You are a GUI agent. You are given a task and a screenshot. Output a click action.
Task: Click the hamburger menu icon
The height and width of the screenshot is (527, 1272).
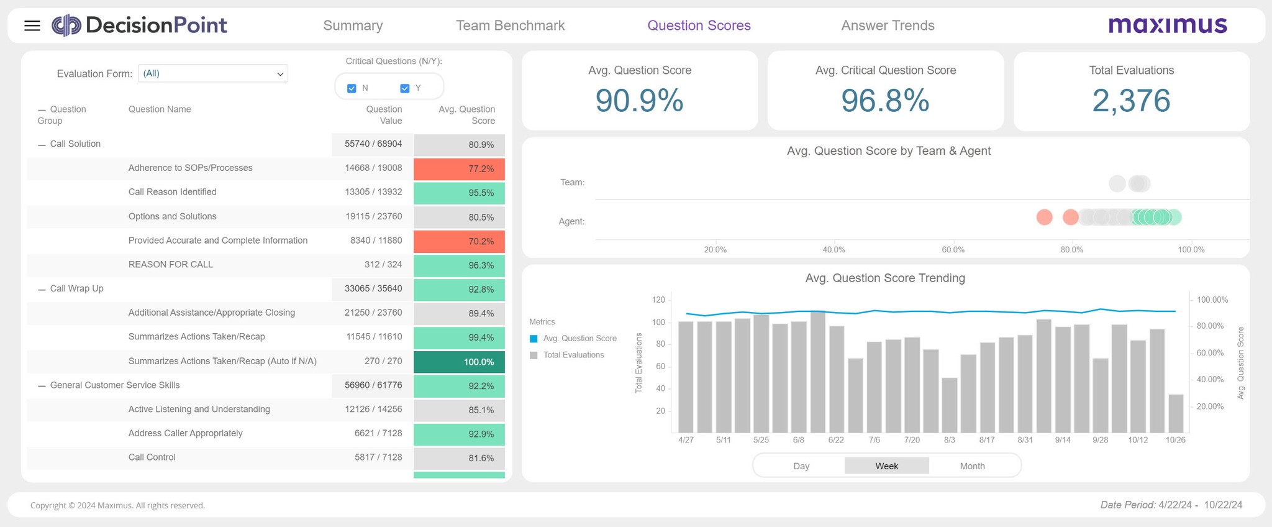pyautogui.click(x=32, y=25)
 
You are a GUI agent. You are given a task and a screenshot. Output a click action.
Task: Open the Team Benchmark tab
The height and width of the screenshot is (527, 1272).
pyautogui.click(x=510, y=25)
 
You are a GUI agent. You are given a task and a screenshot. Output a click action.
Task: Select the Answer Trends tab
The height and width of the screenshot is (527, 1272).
pyautogui.click(x=888, y=25)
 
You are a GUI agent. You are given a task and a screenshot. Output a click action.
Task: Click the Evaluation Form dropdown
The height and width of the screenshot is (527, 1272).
pyautogui.click(x=212, y=73)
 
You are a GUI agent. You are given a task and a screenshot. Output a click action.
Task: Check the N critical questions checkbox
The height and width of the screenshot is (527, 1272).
pyautogui.click(x=352, y=88)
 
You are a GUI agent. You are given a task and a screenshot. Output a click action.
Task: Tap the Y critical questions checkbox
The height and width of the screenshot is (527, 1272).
pyautogui.click(x=405, y=88)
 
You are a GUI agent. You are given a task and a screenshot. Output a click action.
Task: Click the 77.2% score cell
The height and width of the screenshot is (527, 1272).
pyautogui.click(x=459, y=169)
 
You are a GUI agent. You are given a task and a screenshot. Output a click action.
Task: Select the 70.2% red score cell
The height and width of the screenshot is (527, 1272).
pyautogui.click(x=459, y=241)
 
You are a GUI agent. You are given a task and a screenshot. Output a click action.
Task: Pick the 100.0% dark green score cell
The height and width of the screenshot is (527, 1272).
pyautogui.click(x=459, y=362)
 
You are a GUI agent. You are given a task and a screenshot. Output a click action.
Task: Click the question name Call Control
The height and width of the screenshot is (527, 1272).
pyautogui.click(x=152, y=457)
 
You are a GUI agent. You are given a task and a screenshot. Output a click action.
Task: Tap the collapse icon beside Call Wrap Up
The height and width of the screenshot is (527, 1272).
pyautogui.click(x=42, y=289)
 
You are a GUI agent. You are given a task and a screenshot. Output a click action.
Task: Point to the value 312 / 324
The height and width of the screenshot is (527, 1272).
pyautogui.click(x=383, y=265)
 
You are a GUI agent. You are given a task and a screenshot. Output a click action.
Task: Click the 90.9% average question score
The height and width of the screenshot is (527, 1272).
pyautogui.click(x=639, y=101)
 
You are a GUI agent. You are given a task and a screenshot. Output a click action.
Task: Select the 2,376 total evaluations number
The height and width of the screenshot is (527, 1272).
pyautogui.click(x=1131, y=101)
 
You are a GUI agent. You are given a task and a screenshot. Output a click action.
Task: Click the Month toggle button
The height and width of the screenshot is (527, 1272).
pyautogui.click(x=972, y=466)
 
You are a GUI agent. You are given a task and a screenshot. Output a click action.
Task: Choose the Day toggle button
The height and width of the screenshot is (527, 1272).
pyautogui.click(x=801, y=466)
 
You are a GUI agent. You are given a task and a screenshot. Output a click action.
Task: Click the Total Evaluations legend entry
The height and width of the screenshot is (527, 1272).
pyautogui.click(x=573, y=355)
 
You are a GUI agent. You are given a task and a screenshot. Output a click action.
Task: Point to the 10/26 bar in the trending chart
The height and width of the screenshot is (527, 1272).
pyautogui.click(x=1176, y=413)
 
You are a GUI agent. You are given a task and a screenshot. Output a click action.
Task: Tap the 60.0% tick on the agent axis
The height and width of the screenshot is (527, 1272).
pyautogui.click(x=953, y=250)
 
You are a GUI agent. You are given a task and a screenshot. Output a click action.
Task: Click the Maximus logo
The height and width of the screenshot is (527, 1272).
pyautogui.click(x=1168, y=25)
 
